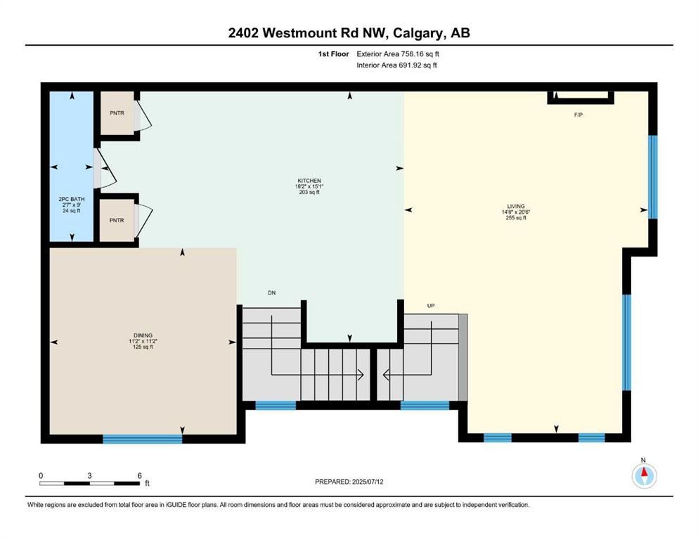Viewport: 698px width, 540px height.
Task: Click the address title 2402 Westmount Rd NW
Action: [349, 33]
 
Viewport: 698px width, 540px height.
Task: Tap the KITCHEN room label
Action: [309, 181]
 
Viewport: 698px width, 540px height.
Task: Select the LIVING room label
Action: [514, 206]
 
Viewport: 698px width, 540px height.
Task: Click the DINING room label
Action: [142, 335]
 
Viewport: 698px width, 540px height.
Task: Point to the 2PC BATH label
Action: [72, 199]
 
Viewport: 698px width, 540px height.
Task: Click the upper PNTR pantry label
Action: [116, 112]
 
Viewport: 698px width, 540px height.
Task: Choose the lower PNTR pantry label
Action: [116, 220]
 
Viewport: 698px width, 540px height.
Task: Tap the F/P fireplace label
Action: [578, 115]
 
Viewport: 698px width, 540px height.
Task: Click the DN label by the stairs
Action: [271, 292]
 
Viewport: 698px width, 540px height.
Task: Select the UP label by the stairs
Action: [432, 306]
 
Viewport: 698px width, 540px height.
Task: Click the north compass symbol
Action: [643, 475]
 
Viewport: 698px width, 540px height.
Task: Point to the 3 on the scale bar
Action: [90, 475]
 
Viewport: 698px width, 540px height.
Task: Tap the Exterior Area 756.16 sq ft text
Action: [400, 53]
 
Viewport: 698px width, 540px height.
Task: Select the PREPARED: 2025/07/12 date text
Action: [349, 482]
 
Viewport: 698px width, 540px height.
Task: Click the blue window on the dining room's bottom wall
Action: [142, 439]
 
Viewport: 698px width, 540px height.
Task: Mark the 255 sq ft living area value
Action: [514, 218]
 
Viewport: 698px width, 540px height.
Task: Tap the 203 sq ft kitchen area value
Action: [309, 192]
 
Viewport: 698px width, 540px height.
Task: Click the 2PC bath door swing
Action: [103, 169]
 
